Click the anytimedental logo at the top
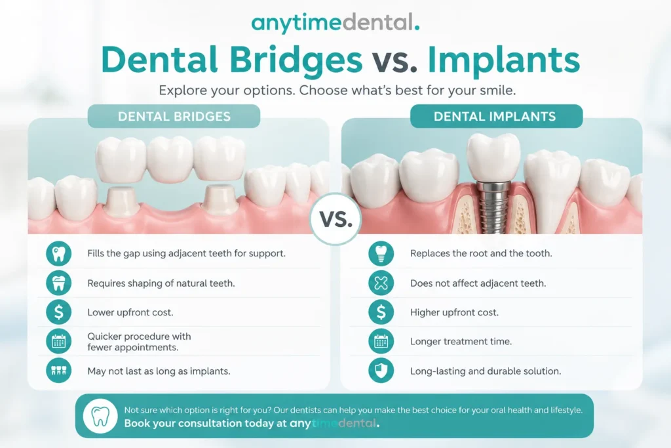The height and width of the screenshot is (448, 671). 335,23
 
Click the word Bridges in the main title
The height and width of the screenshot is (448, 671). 296,60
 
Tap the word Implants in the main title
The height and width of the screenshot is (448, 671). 504,60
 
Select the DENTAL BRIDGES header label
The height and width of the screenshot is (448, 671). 174,116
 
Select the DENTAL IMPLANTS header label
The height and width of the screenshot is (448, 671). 497,116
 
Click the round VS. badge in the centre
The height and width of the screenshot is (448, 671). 335,219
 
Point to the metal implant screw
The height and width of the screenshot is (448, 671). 493,207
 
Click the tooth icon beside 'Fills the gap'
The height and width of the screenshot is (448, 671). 58,254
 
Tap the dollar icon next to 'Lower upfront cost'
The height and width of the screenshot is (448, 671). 58,312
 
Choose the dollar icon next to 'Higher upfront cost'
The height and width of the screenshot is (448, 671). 381,312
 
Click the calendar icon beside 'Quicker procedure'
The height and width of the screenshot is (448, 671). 58,341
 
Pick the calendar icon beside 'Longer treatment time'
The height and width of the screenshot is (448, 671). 381,341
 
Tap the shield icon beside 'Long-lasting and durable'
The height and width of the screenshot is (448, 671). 381,371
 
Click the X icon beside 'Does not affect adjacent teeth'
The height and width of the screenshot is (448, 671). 381,283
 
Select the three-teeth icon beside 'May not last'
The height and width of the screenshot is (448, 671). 58,371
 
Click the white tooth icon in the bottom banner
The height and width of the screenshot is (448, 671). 100,416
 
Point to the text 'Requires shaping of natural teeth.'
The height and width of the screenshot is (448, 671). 161,283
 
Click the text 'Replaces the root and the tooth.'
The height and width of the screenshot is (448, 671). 481,253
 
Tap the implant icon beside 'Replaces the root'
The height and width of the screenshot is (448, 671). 381,254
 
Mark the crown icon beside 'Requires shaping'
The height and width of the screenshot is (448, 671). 58,283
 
